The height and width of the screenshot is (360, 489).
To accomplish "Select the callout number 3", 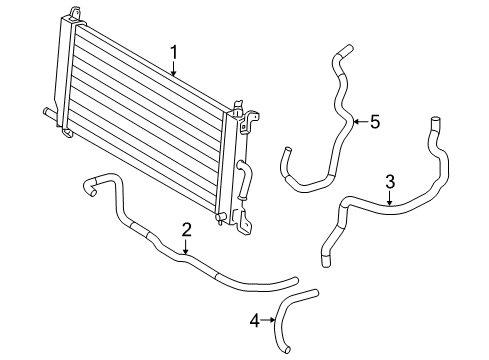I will point(390,181).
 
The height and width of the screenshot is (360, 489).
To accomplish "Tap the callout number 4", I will point(255,321).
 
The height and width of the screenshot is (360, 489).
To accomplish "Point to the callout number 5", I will point(375,122).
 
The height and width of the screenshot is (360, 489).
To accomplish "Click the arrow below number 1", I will point(173,68).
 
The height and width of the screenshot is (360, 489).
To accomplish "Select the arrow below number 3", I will point(390,197).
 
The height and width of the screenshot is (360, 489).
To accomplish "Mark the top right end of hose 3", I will point(436,123).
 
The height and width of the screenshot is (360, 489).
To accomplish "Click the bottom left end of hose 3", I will point(325,262).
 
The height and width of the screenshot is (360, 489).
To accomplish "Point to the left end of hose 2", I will point(86,183).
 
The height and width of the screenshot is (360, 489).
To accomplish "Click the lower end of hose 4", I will point(283,349).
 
